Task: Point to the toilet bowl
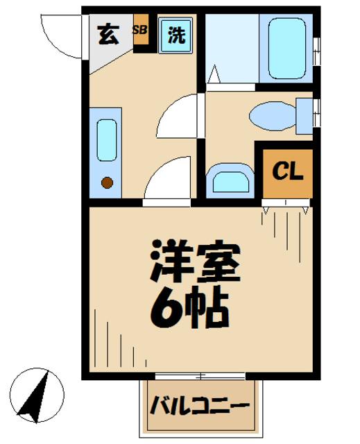pyautogui.click(x=272, y=116)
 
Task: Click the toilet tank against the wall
pyautogui.click(x=304, y=115)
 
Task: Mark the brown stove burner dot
pyautogui.click(x=107, y=183)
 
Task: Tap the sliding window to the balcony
pyautogui.click(x=200, y=376)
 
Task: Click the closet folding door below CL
pyautogui.click(x=286, y=203)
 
